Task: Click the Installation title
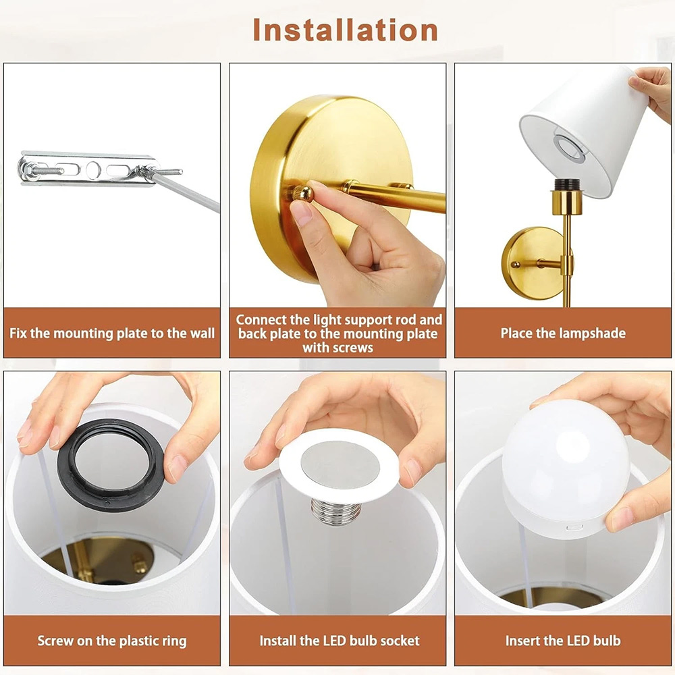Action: coord(345,30)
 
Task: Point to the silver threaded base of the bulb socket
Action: coord(335,513)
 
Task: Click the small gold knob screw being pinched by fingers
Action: coord(304,193)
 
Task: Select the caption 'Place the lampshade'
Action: coord(563,333)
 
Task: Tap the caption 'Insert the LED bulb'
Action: coord(563,641)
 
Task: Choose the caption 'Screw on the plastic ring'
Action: coord(112,641)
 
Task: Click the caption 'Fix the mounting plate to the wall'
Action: coord(112,333)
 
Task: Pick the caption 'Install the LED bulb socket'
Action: coord(340,641)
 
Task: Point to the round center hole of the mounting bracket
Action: coord(93,169)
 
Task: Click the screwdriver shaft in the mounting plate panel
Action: coord(184,190)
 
